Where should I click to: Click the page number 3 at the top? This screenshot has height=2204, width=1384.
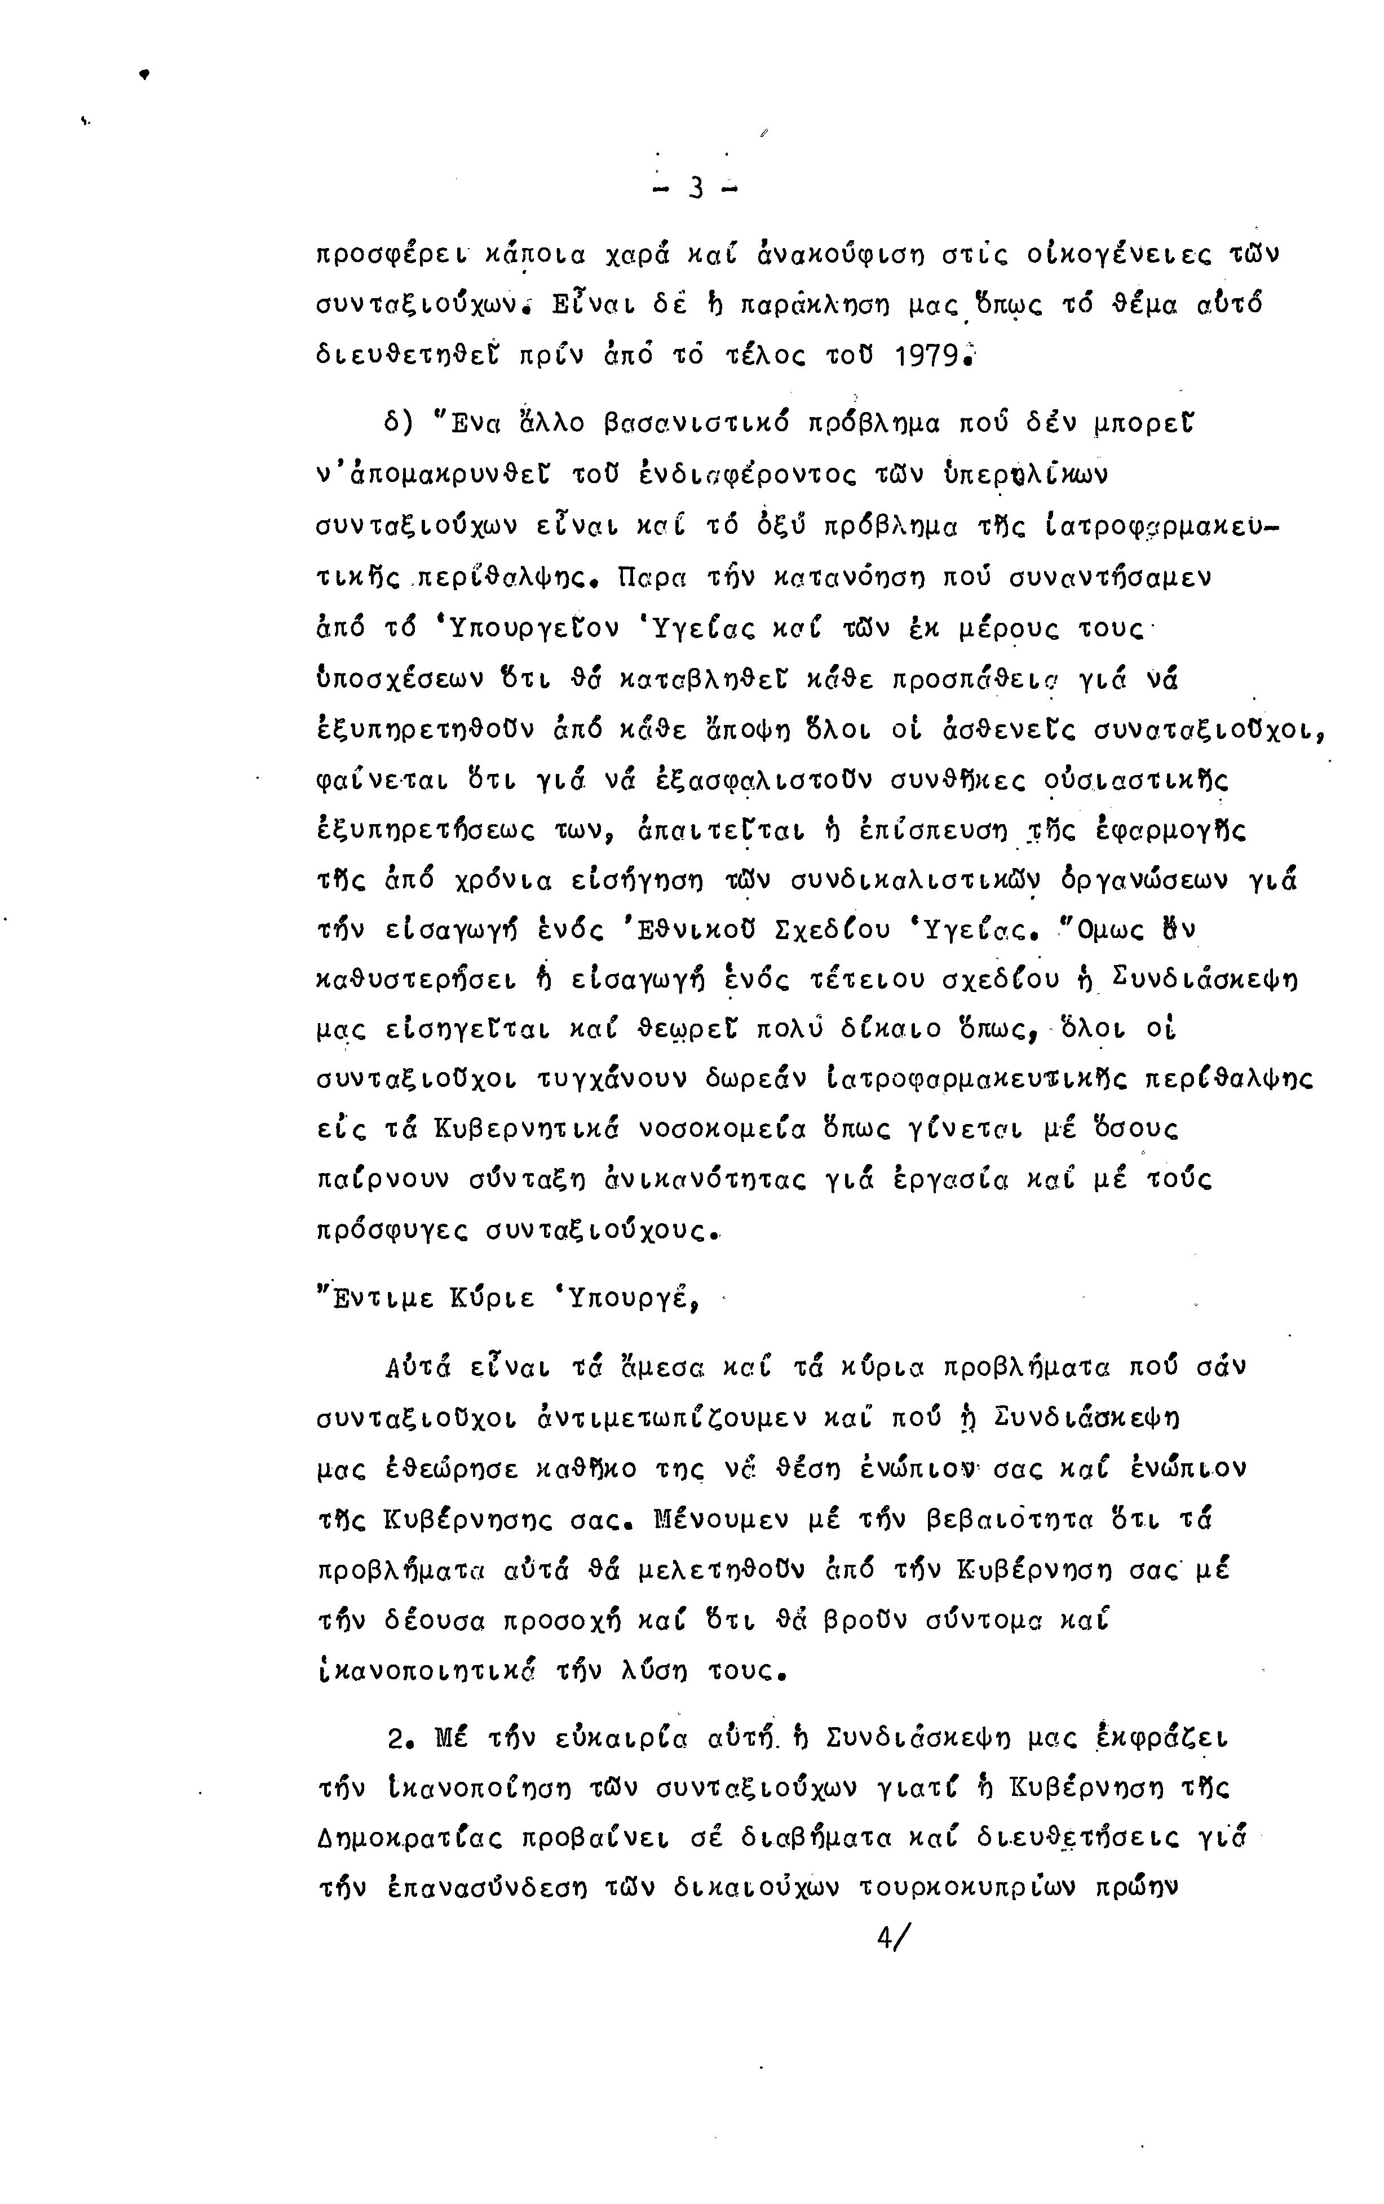[x=696, y=188]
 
